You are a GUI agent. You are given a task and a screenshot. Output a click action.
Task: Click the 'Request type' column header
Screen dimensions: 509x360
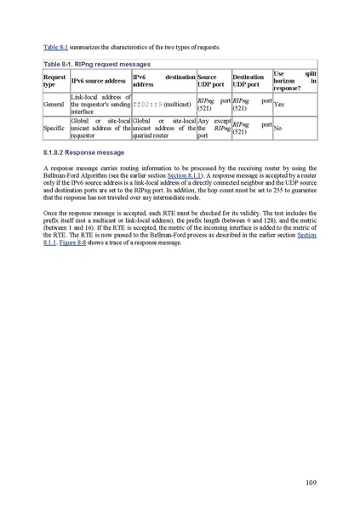pyautogui.click(x=54, y=81)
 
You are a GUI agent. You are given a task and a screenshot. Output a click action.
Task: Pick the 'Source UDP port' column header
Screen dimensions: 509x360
pyautogui.click(x=212, y=81)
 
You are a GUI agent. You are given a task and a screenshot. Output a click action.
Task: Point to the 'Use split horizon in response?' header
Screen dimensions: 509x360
pyautogui.click(x=294, y=81)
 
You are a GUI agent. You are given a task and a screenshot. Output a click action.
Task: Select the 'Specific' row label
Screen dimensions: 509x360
pyautogui.click(x=54, y=128)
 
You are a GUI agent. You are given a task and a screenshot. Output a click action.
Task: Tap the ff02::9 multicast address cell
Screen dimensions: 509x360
pyautogui.click(x=163, y=104)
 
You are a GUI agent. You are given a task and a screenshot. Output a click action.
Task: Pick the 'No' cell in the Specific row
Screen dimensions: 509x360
pyautogui.click(x=278, y=128)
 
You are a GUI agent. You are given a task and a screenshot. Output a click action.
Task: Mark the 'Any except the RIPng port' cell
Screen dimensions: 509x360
pyautogui.click(x=213, y=128)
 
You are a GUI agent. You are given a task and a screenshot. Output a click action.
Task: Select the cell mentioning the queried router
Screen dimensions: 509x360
pyautogui.click(x=163, y=128)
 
